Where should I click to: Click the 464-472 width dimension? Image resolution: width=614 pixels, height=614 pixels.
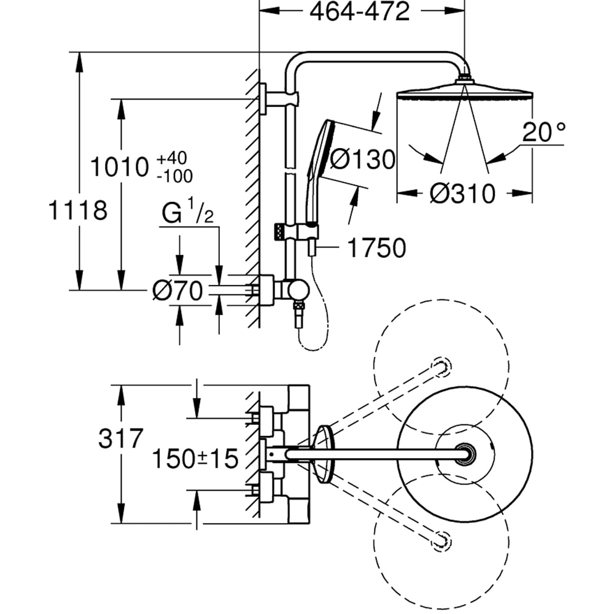pos(360,12)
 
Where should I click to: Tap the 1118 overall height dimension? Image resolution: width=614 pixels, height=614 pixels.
pos(79,211)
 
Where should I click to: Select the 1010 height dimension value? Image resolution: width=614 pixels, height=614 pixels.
pos(119,166)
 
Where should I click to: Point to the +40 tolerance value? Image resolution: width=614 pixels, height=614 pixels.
pos(174,159)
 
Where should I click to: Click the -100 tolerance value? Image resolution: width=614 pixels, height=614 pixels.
pos(174,176)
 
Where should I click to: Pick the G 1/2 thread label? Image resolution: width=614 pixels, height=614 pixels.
pos(188,214)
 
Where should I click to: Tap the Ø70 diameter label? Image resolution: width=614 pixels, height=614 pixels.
pos(177,291)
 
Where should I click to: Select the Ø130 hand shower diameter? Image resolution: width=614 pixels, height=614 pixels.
pos(362,160)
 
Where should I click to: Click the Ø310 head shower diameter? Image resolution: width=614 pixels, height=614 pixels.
pos(462,194)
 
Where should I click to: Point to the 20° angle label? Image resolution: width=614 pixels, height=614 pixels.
pos(543,131)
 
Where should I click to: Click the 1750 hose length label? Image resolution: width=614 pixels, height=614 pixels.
pos(376,248)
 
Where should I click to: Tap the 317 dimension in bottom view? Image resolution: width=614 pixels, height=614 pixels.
pos(120,440)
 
